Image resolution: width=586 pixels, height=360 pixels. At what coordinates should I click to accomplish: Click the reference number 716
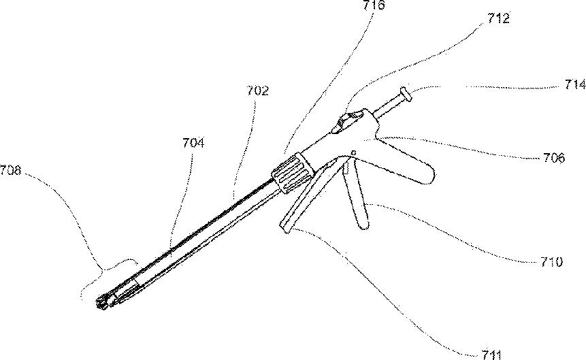click(374, 5)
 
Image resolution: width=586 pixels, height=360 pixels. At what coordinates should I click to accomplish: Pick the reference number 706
click(554, 158)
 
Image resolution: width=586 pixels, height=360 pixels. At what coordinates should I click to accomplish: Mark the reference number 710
click(550, 261)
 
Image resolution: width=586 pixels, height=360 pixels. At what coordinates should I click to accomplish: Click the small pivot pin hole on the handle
click(353, 152)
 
